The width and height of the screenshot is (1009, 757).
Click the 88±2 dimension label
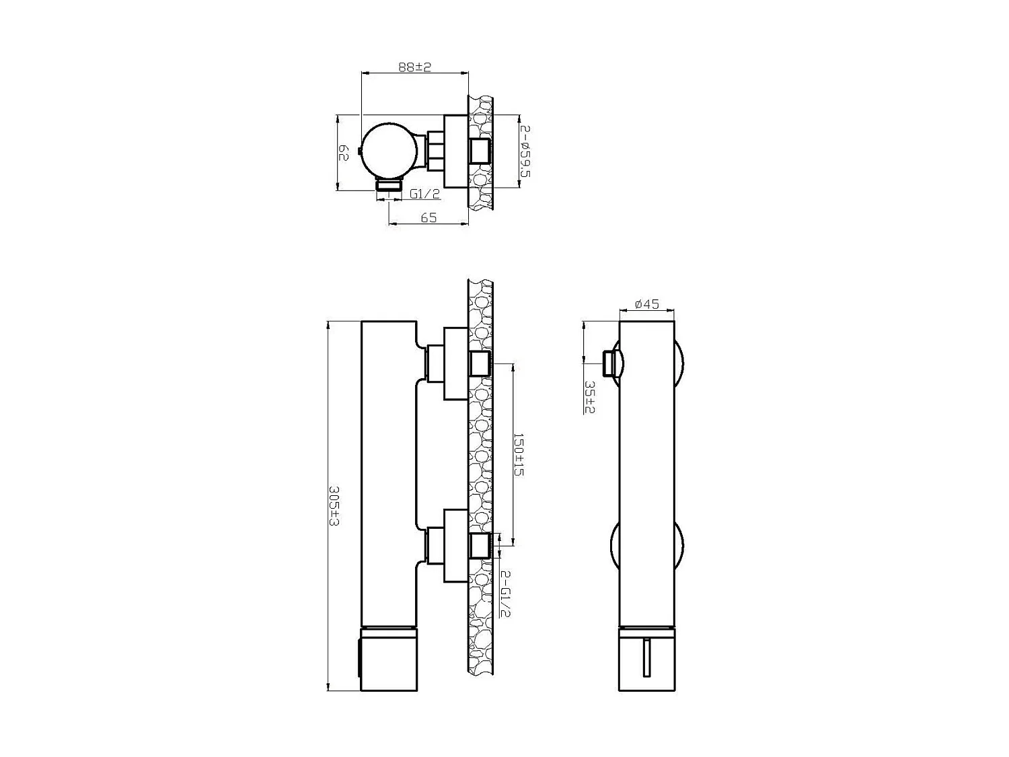click(414, 67)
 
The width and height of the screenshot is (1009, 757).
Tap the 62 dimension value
click(343, 153)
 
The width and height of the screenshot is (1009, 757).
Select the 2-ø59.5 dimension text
click(525, 151)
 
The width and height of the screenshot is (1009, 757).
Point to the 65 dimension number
click(428, 217)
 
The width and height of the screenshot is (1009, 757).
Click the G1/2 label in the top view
click(424, 194)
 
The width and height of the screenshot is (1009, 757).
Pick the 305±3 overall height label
click(334, 506)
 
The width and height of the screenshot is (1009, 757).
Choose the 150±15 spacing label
click(519, 454)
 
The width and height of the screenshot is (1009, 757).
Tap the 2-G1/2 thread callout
click(505, 593)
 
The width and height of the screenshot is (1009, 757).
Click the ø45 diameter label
click(647, 304)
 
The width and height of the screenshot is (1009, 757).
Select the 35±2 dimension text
click(589, 396)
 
